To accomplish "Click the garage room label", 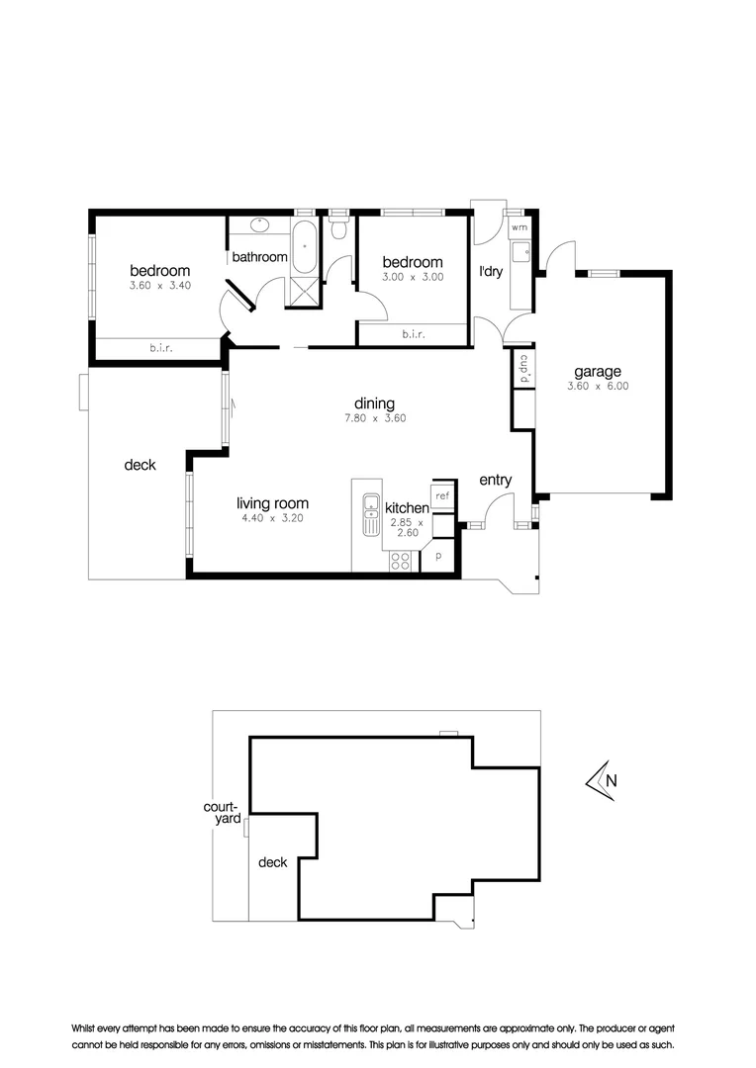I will coord(598,372).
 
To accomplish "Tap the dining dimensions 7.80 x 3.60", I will coord(375,418).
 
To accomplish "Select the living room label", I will coord(272,502).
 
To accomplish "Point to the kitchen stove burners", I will coord(401,560).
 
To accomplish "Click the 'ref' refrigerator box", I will coord(442,495).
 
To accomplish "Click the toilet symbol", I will coord(339,229).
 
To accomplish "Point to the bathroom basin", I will coord(259,227).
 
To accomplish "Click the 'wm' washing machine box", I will coord(520,228).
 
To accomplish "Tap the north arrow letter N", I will coord(611,779).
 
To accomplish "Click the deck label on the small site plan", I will coord(272,862).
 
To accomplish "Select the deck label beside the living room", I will coord(140,464).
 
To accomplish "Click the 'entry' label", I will coord(495,481).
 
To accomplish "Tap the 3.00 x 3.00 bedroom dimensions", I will coord(413,278).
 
